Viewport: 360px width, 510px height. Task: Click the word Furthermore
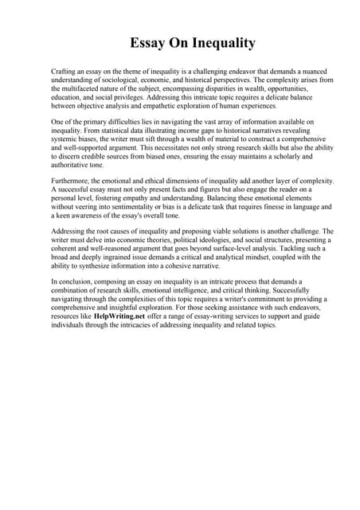coord(72,182)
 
